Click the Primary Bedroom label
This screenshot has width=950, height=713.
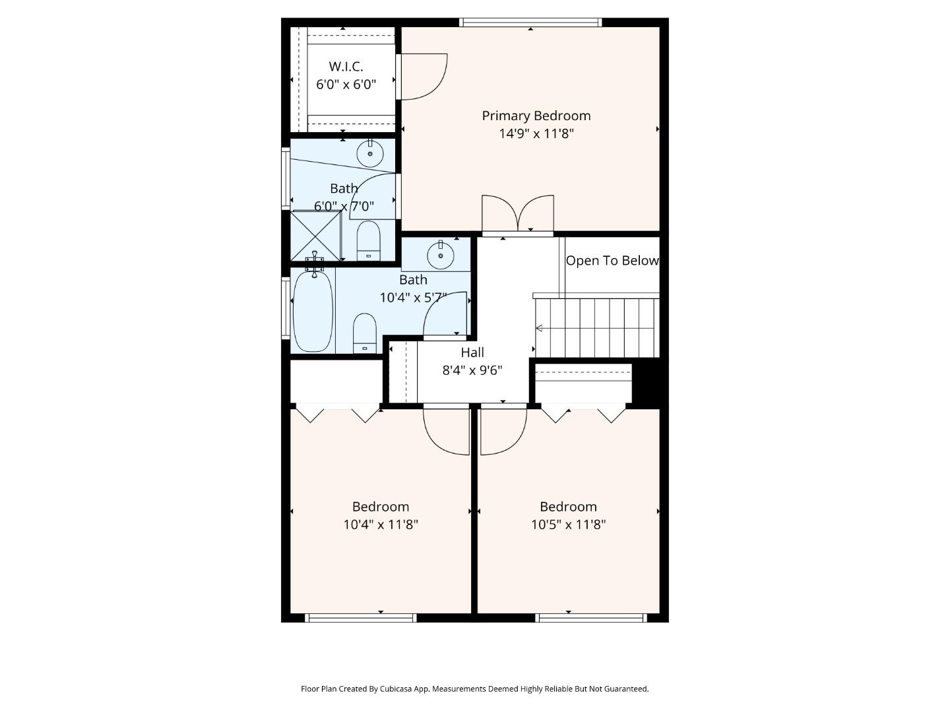(x=536, y=116)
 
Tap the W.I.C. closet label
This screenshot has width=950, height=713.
(x=346, y=67)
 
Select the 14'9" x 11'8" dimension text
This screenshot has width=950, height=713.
(x=536, y=133)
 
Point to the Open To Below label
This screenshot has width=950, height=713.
(x=612, y=261)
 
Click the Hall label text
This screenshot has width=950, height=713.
(x=472, y=353)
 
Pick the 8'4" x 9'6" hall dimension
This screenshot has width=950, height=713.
(x=472, y=370)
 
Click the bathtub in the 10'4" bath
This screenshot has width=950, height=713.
(x=313, y=311)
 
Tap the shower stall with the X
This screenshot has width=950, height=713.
(x=315, y=236)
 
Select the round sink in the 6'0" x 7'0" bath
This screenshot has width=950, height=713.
(x=370, y=153)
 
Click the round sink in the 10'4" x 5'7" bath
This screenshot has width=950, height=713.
(x=441, y=255)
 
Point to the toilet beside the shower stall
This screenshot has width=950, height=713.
(x=368, y=241)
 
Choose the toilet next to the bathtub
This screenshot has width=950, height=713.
(x=365, y=333)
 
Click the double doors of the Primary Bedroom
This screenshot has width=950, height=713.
(x=518, y=215)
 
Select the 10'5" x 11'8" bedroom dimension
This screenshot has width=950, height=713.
(x=568, y=524)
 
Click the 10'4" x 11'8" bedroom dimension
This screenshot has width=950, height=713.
(x=381, y=524)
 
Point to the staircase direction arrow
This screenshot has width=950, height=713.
(x=539, y=328)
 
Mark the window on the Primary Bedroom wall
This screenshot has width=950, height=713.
(x=530, y=22)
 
